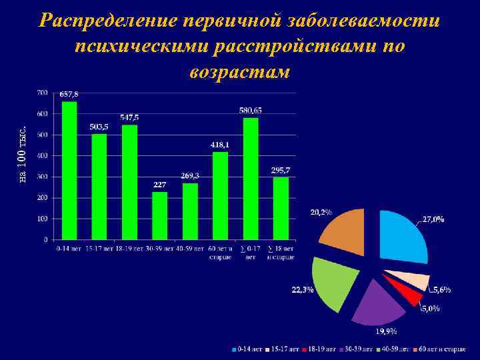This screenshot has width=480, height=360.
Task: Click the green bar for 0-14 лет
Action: point(69,170)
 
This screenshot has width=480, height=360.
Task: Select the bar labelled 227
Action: point(160,215)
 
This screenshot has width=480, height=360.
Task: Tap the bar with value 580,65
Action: point(251,178)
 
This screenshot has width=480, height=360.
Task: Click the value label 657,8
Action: point(69,94)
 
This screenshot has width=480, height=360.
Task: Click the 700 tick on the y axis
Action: point(42,92)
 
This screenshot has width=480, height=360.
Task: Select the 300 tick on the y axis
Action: point(42,177)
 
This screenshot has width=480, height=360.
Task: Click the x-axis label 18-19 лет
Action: point(129,249)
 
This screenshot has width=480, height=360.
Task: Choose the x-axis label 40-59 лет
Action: point(190,249)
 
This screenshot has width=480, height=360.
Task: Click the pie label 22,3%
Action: point(303,290)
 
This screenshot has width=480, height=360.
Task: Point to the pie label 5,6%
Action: point(441,290)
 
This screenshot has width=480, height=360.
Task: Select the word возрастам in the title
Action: point(240,72)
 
